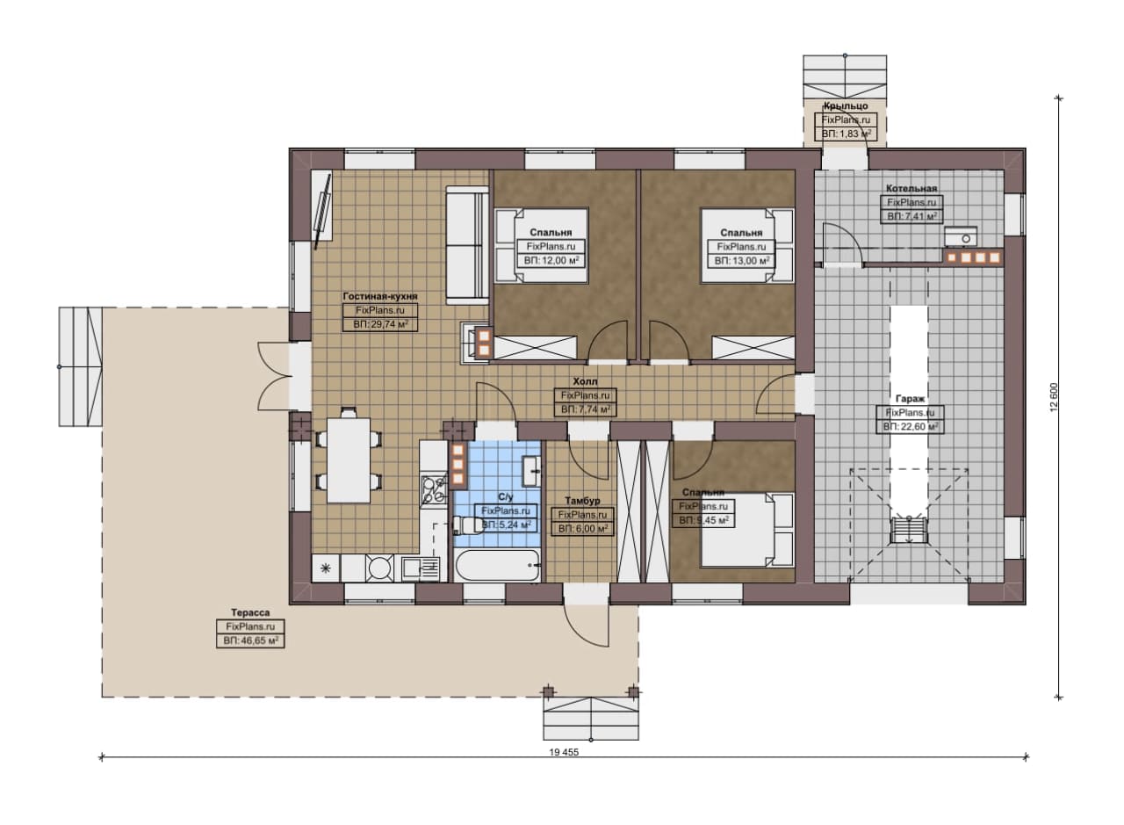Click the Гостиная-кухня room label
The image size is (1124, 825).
pos(380,296)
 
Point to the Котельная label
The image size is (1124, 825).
pos(911,188)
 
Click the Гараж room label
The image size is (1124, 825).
pos(911,399)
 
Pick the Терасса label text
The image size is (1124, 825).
pos(250,612)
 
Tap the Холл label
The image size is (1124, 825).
pos(585,381)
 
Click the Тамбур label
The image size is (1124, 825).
pos(582,501)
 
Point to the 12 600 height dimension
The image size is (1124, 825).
pos(1053,397)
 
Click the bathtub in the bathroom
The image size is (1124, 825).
pos(497,566)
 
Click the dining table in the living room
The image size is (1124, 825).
pos(349,460)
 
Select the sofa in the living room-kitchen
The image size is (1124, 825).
pos(467,245)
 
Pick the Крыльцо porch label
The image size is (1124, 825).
pos(846,106)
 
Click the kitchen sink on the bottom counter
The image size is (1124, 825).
pos(421,568)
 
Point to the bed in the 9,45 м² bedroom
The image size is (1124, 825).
pos(747,531)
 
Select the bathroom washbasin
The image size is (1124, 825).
pos(531,472)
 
